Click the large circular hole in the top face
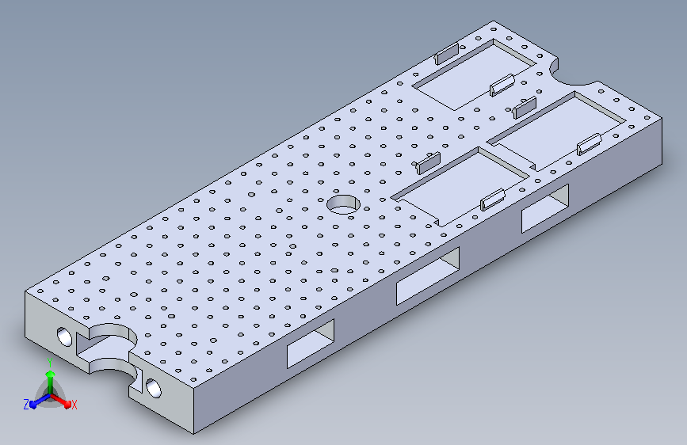[x=344, y=204]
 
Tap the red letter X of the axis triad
[x=74, y=405]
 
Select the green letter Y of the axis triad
[x=50, y=363]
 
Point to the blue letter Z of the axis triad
[x=26, y=405]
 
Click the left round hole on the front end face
[x=64, y=337]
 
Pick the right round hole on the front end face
[x=154, y=388]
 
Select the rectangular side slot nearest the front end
[x=311, y=344]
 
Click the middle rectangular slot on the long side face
[x=428, y=276]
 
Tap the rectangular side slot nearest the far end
[x=545, y=208]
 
